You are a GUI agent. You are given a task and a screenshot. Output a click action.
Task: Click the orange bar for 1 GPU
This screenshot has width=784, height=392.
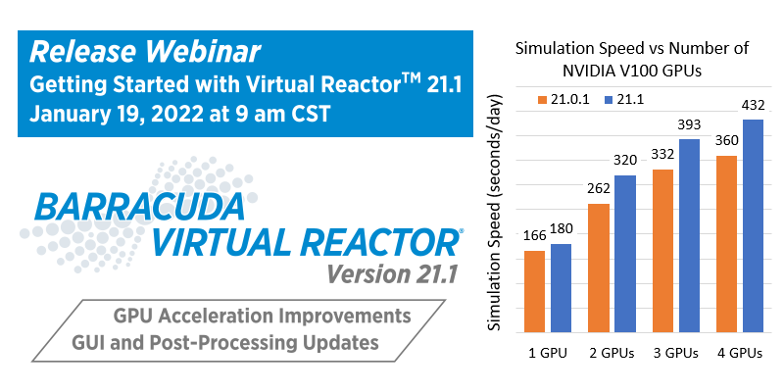pos(534,291)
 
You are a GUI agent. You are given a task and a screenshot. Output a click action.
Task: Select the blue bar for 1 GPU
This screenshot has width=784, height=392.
pos(561,288)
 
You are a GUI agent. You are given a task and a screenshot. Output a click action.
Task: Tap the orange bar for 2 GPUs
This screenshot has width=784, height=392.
pos(599,268)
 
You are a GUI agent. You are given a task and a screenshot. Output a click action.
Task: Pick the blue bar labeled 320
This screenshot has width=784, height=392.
pos(625,254)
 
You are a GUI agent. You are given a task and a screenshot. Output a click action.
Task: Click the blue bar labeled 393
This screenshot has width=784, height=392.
pos(689,235)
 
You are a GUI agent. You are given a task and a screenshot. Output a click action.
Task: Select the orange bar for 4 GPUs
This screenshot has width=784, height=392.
pos(726,244)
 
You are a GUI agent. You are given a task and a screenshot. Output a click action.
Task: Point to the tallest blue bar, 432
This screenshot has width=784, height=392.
pos(753,226)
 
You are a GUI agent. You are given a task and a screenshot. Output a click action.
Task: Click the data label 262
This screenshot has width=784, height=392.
pos(599,189)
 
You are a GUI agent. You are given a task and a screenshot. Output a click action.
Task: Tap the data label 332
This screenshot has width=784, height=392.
pos(663,154)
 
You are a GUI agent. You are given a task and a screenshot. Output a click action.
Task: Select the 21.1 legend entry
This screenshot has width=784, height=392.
pos(624,100)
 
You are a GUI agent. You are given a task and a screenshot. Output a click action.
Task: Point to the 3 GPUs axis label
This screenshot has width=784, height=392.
pos(675,353)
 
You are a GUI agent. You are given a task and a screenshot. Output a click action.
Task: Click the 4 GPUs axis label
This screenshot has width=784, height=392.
pos(740,353)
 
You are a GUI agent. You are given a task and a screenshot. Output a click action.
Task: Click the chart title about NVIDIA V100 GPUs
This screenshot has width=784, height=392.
pos(632,60)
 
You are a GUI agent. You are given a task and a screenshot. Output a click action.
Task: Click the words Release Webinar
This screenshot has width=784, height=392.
pos(145,53)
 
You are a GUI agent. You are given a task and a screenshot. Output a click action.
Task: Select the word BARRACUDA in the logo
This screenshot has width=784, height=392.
pos(139,207)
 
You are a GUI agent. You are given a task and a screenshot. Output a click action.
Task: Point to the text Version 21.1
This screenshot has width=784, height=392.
pos(391,273)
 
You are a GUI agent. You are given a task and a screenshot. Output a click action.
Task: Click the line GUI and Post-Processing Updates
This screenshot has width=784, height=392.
pos(225,342)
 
